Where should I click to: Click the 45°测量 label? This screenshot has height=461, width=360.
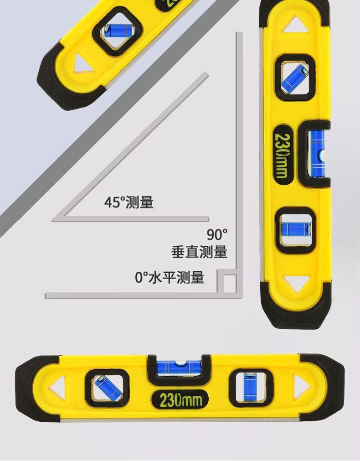click(129, 202)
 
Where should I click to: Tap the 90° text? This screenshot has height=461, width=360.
click(217, 235)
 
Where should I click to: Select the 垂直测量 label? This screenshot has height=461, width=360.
click(199, 252)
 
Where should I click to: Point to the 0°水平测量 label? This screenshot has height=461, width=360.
click(170, 277)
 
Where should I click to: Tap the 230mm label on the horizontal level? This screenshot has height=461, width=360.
click(180, 400)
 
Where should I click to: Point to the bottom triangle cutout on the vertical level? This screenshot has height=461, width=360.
click(294, 283)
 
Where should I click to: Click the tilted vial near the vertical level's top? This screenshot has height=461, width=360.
click(295, 77)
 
